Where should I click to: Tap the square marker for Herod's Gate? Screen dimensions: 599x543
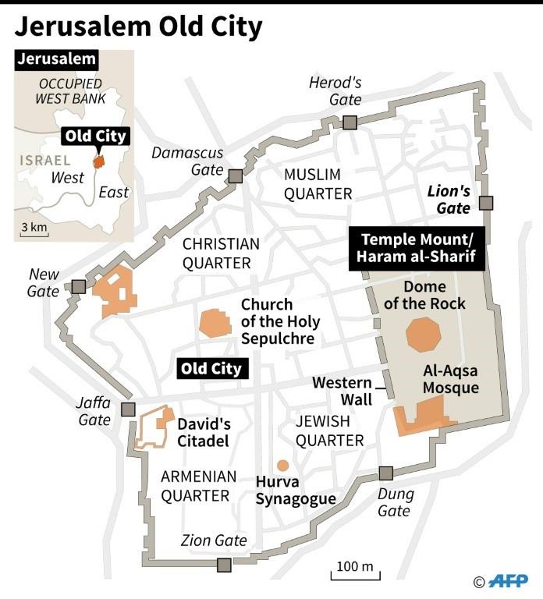350,122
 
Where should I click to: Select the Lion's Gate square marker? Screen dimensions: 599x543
486,204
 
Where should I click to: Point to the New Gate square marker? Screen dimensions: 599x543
78,286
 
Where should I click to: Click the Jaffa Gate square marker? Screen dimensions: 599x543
129,409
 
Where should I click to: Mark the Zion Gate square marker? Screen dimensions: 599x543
225,565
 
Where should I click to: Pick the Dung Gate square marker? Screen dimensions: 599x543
385,473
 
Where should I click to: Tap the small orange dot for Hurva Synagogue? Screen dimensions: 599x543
282,466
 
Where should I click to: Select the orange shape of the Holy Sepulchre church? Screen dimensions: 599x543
215,323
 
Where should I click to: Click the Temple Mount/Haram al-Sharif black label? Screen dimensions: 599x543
422,246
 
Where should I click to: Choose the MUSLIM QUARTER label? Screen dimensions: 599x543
318,183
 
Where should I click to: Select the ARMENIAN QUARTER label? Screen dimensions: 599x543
195,486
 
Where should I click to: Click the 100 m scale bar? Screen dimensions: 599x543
356,575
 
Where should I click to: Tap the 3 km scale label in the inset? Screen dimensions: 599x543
34,227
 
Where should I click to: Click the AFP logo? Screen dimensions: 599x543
508,581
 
